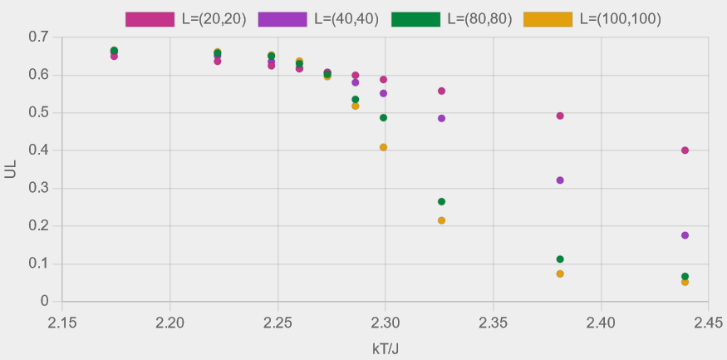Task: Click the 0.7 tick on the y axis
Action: [x=38, y=37]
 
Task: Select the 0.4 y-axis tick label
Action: [x=38, y=150]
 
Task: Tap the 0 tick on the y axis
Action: [x=44, y=302]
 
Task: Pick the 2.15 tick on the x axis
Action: [x=62, y=320]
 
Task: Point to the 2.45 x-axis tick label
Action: [x=708, y=320]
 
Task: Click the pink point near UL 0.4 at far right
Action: [x=685, y=150]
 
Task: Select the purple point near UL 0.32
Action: [x=560, y=180]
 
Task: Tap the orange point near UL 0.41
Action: [x=383, y=147]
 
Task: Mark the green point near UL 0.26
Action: [x=441, y=201]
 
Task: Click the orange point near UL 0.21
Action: [x=441, y=220]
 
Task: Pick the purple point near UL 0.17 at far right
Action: [x=685, y=235]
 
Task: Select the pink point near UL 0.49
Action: [x=560, y=116]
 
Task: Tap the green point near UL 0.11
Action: [x=560, y=259]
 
